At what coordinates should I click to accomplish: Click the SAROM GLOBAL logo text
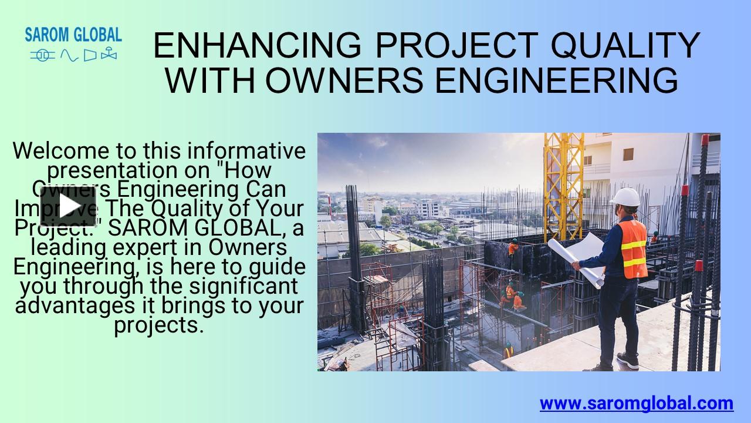point(73,34)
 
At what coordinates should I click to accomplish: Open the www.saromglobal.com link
point(637,404)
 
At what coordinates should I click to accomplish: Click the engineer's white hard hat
point(625,197)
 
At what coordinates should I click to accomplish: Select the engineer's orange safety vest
point(634,249)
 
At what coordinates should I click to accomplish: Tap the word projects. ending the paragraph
point(159,325)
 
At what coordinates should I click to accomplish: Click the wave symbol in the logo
point(69,55)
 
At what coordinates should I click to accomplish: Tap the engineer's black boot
point(627,360)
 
